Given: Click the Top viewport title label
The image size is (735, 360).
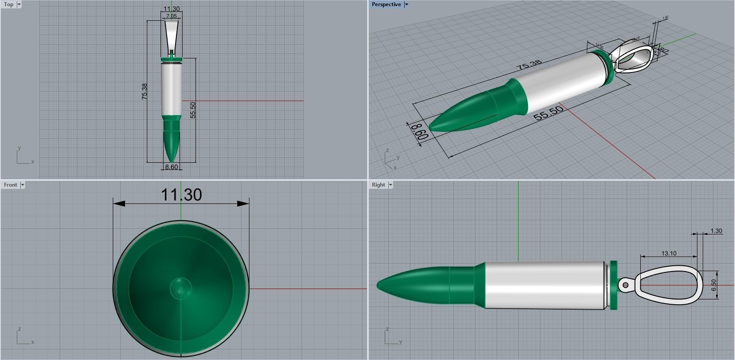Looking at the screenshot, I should tap(8, 4).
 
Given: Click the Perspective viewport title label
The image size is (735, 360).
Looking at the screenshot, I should tap(386, 4).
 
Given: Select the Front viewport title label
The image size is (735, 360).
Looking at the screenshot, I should tap(10, 185).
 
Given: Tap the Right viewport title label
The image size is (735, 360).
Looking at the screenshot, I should tap(378, 185).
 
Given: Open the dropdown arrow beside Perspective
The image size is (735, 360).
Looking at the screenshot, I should tap(406, 4).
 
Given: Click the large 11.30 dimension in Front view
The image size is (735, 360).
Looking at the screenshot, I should tap(181, 195).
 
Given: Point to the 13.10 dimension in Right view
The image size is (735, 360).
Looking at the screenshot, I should tap(669, 253).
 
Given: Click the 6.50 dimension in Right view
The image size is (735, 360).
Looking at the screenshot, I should tap(713, 285).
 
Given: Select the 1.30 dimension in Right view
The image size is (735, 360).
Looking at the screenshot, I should tap(716, 231).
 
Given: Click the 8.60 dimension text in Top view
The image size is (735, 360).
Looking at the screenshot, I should tap(171, 167).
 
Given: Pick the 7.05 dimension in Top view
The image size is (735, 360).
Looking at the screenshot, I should tap(171, 16).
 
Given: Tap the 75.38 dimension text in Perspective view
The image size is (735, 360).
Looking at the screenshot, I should tap(529, 65).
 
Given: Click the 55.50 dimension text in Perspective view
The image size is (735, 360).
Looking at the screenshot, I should tap(548, 113).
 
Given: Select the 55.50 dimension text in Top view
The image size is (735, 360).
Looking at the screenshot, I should tap(192, 110).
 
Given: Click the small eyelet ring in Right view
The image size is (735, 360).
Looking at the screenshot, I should tap(625, 285).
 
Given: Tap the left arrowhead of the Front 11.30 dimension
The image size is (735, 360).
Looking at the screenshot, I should tap(119, 203).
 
